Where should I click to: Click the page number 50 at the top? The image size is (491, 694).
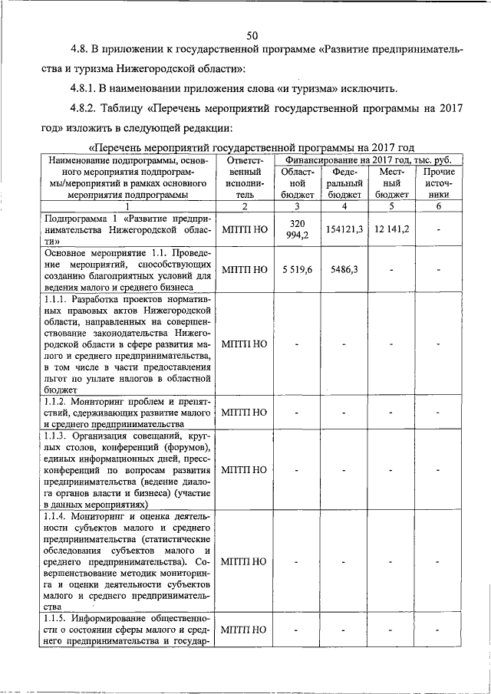click(252, 35)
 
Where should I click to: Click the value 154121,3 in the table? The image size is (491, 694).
click(344, 229)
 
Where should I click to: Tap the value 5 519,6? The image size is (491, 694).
click(296, 269)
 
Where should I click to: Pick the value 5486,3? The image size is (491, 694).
click(344, 269)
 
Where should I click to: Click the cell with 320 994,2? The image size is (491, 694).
click(296, 229)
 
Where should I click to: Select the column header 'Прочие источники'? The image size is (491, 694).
click(439, 183)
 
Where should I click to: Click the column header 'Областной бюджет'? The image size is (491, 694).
click(296, 183)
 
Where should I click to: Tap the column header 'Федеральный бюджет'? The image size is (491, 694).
click(344, 183)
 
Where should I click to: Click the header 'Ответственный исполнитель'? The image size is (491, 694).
click(245, 177)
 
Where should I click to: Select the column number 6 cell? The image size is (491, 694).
click(439, 206)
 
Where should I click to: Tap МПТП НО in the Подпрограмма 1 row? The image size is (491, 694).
click(245, 229)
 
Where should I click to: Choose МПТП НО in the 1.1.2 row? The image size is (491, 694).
click(245, 413)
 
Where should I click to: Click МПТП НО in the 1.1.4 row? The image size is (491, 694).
click(245, 561)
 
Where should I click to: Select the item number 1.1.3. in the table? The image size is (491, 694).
click(61, 436)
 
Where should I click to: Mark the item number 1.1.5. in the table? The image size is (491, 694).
click(61, 619)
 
